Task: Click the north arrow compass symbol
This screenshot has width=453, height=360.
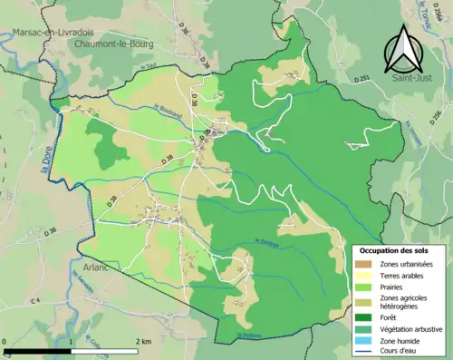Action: (x=404, y=49)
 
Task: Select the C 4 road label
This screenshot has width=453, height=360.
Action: (x=35, y=300)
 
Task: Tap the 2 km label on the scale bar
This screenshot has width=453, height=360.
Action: (x=143, y=341)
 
